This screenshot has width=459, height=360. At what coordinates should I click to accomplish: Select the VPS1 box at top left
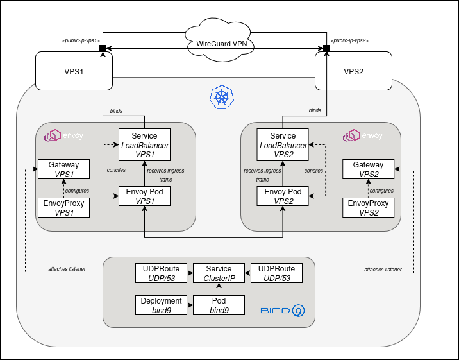click(x=74, y=71)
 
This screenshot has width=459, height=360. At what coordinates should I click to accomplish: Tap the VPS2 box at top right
click(x=353, y=71)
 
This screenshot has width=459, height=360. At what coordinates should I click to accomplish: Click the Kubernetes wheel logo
click(x=222, y=97)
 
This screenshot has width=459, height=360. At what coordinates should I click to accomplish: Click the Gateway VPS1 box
click(x=63, y=170)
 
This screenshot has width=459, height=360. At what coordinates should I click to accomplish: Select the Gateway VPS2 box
click(x=367, y=170)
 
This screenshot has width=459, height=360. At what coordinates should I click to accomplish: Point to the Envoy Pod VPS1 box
click(x=144, y=196)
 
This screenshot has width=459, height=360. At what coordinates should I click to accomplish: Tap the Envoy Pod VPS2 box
click(x=283, y=196)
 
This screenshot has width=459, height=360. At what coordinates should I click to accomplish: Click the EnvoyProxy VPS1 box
click(x=63, y=208)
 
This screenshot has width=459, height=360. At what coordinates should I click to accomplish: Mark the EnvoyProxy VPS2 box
click(x=367, y=208)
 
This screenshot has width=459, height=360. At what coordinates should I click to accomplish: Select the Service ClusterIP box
click(x=219, y=273)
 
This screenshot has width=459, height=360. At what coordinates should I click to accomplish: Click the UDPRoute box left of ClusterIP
click(x=161, y=273)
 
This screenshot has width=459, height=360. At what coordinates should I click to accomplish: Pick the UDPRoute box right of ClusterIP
click(x=276, y=273)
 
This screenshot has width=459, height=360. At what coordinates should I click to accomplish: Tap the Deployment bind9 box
click(x=161, y=305)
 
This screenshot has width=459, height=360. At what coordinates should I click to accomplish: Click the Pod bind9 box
click(x=219, y=305)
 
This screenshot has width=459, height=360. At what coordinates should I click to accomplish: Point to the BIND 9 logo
click(x=283, y=311)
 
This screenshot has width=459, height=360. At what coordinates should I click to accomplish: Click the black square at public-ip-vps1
click(x=103, y=48)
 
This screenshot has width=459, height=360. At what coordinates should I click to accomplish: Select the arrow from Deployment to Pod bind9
click(x=190, y=305)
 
